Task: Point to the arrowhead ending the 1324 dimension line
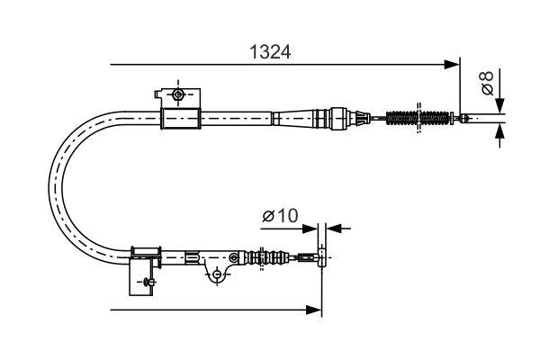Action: click(453, 65)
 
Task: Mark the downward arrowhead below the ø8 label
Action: click(500, 104)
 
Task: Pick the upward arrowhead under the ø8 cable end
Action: click(500, 133)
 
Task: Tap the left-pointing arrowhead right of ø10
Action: click(334, 228)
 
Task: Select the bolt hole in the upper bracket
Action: click(177, 94)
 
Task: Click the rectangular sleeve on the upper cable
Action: click(179, 118)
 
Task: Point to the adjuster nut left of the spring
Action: click(339, 117)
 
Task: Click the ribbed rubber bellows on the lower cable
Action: click(268, 258)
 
